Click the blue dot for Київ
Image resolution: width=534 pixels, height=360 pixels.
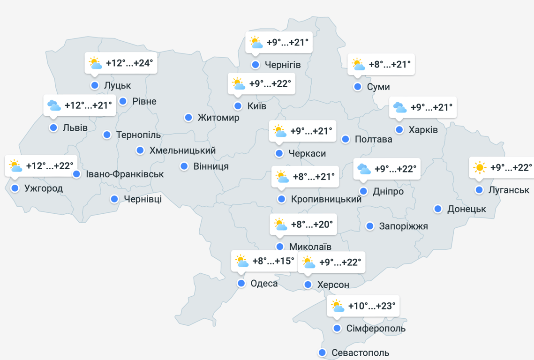pyautogui.click(x=238, y=106)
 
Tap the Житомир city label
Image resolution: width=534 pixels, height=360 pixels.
pyautogui.click(x=218, y=118)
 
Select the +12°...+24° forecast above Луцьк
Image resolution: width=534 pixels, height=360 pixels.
pyautogui.click(x=129, y=63)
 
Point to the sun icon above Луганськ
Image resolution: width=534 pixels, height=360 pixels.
pyautogui.click(x=480, y=167)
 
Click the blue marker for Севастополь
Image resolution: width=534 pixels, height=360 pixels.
pyautogui.click(x=322, y=352)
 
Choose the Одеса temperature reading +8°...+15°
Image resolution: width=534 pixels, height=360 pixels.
pyautogui.click(x=273, y=261)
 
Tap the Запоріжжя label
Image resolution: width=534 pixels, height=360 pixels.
pyautogui.click(x=404, y=226)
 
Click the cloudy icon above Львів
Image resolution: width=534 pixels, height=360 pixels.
pyautogui.click(x=54, y=105)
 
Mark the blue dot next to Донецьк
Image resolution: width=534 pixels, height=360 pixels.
pyautogui.click(x=438, y=209)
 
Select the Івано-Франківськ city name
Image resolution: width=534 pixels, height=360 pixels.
pyautogui.click(x=125, y=174)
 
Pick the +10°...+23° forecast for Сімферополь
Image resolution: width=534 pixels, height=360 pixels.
pyautogui.click(x=372, y=306)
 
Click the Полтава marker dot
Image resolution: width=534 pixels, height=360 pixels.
pyautogui.click(x=346, y=139)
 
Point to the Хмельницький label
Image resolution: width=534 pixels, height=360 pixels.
pyautogui.click(x=182, y=150)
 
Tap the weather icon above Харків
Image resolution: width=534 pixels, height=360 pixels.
pyautogui.click(x=400, y=107)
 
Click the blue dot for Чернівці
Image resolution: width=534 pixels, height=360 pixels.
pyautogui.click(x=114, y=199)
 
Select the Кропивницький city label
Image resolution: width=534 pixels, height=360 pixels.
pyautogui.click(x=326, y=199)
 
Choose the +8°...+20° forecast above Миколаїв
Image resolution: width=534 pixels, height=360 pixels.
pyautogui.click(x=312, y=225)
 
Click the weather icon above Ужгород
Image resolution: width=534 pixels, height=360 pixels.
pyautogui.click(x=15, y=165)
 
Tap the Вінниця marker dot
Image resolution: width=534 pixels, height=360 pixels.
pyautogui.click(x=184, y=166)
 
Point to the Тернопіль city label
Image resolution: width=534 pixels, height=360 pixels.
pyautogui.click(x=138, y=135)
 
